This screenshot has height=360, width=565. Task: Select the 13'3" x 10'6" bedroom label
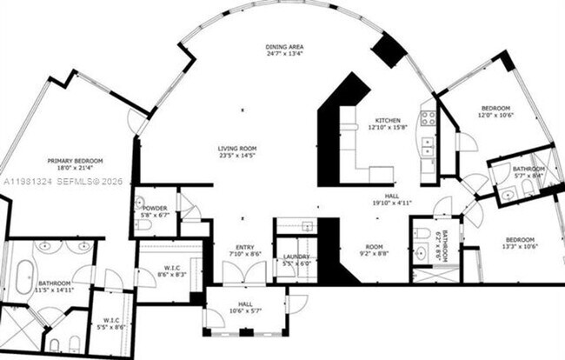coord(519,243)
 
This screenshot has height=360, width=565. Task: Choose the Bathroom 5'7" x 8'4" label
coord(528,172)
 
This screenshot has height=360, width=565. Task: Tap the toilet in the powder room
coord(143,225)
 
